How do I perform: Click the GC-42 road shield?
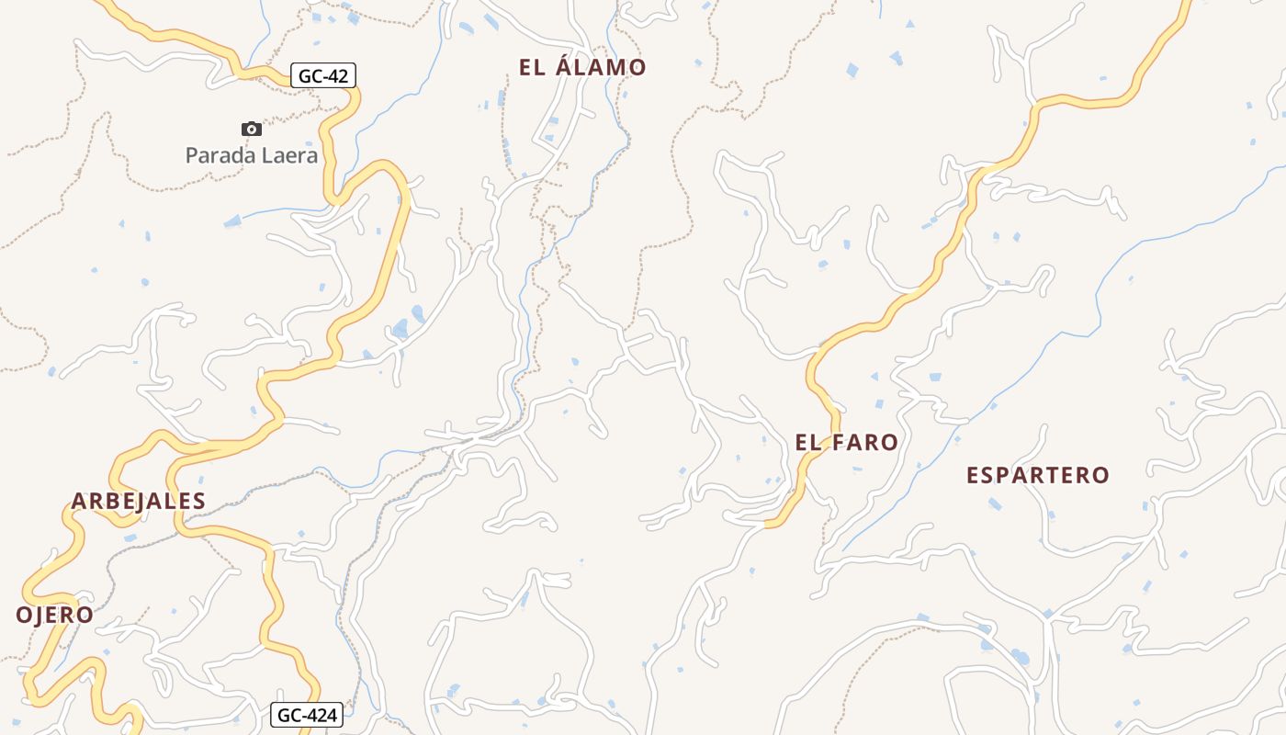[x=323, y=75]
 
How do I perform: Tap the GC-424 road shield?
[x=308, y=715]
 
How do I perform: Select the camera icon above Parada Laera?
[x=251, y=130]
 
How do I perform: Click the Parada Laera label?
[x=252, y=155]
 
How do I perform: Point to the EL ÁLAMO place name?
[x=582, y=67]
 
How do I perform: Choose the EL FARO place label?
[x=846, y=442]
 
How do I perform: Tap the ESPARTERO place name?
[x=1038, y=475]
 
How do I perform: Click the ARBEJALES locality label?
[x=138, y=501]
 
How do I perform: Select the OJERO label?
[x=54, y=615]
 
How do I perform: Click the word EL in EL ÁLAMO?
[x=533, y=67]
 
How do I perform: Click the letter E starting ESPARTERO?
[x=973, y=475]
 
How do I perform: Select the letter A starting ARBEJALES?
[x=78, y=501]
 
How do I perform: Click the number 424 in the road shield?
[x=321, y=715]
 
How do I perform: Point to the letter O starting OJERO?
[x=23, y=615]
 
